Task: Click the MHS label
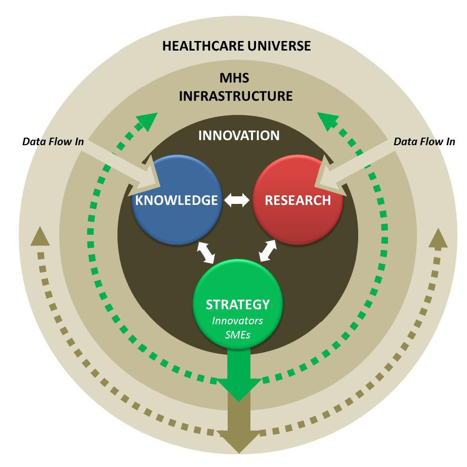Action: pos(235,79)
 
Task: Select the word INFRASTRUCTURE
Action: pos(236,96)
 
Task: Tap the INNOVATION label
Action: pos(239,136)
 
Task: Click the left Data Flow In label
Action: pos(53,142)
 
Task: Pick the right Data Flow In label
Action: pos(424,142)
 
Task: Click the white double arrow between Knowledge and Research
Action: pos(237,200)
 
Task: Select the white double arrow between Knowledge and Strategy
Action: pos(206,252)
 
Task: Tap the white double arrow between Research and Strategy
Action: pos(269,250)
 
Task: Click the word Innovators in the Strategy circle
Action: pos(237,321)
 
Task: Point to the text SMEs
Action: pos(237,334)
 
